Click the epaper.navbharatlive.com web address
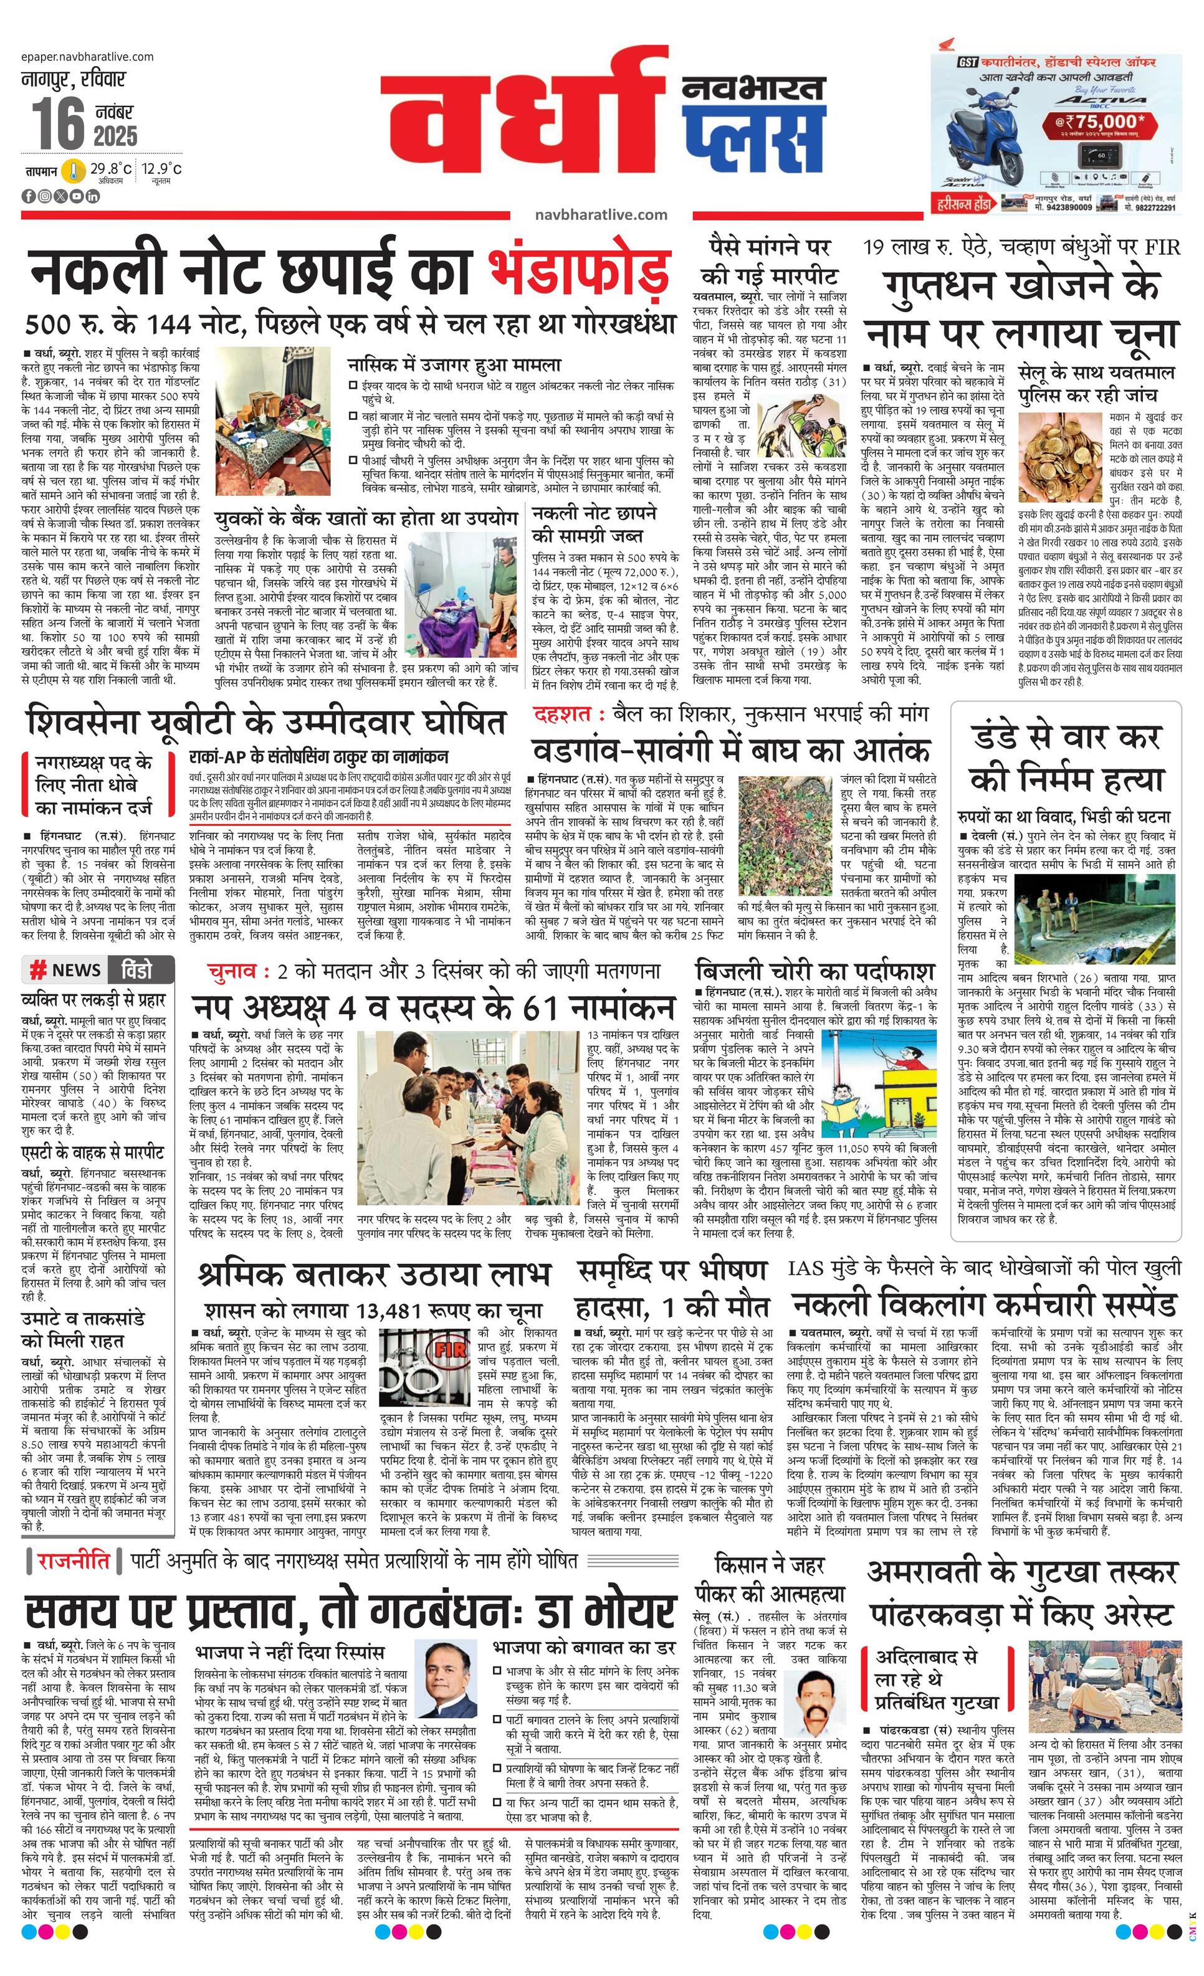click(88, 56)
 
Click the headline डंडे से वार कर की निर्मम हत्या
click(1065, 756)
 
